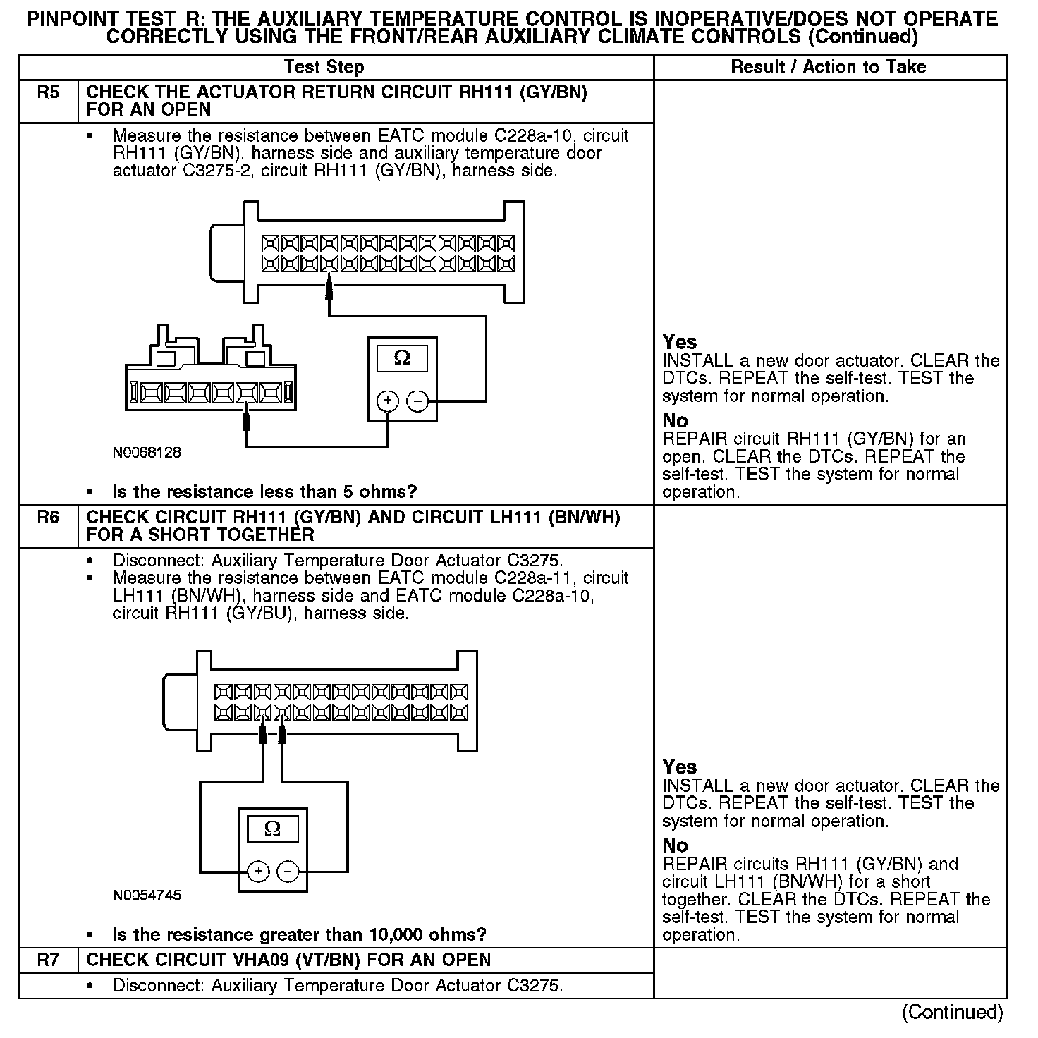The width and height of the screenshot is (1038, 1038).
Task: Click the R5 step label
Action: click(48, 93)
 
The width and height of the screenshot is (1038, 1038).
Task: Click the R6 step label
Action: click(48, 518)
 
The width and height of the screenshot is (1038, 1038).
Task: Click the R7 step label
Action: click(48, 960)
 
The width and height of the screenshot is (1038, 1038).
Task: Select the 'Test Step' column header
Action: click(324, 68)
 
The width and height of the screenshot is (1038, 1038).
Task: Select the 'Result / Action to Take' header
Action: click(829, 68)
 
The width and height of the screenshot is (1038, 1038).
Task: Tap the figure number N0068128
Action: click(147, 452)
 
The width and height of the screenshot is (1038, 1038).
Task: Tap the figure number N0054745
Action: click(147, 896)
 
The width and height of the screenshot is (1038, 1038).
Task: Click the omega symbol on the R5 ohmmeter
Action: click(402, 359)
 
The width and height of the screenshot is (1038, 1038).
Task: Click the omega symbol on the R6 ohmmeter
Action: click(272, 829)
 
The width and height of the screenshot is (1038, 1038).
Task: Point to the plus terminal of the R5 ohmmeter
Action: click(388, 401)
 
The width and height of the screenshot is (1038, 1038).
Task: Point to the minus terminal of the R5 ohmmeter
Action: click(418, 401)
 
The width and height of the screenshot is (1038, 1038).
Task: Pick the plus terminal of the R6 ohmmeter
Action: click(258, 872)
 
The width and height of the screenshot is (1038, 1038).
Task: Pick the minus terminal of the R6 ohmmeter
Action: click(288, 872)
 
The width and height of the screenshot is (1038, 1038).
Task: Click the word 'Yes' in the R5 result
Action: click(680, 343)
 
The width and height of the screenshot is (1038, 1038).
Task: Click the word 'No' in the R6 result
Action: click(675, 845)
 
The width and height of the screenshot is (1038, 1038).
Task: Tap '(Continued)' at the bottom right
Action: click(952, 1013)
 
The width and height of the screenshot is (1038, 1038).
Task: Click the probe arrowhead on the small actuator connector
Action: click(246, 420)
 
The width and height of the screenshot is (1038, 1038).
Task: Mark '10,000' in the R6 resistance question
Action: click(395, 935)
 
